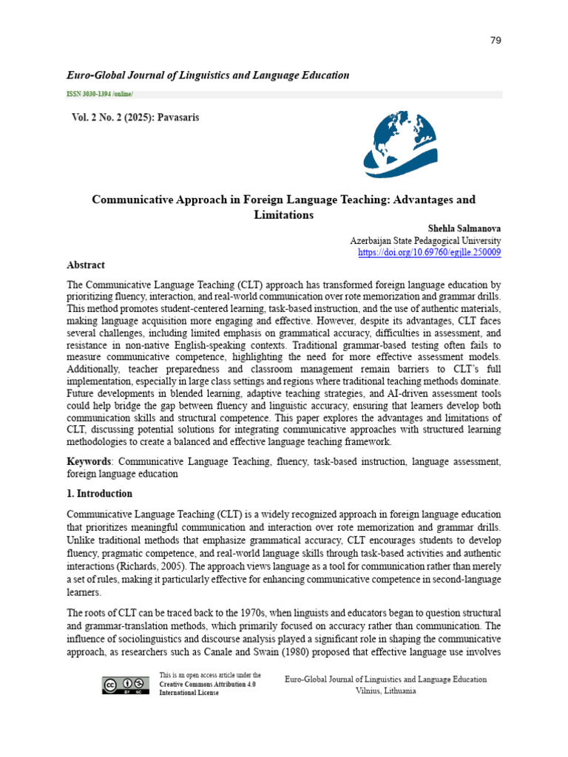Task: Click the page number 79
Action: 496,40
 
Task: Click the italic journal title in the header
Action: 208,75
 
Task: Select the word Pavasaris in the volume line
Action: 177,118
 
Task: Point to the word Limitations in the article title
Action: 283,215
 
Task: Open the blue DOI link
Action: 429,252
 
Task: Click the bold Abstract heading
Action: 86,265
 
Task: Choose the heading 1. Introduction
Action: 100,494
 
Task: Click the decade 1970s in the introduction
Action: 262,613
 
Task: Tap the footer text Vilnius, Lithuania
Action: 385,690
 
